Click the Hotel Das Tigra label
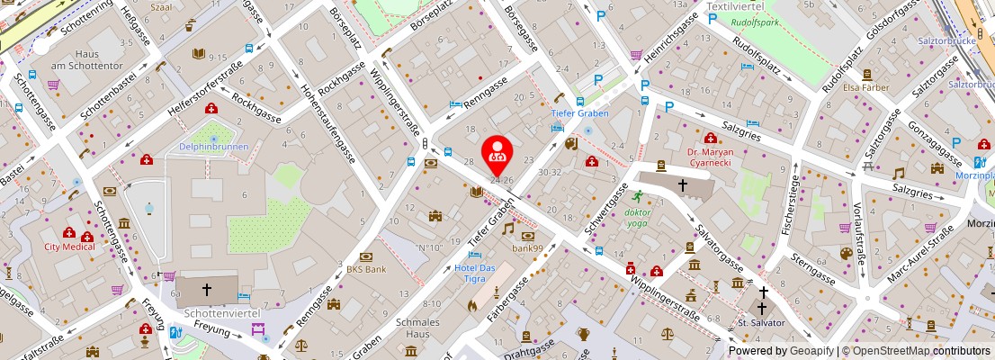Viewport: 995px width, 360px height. click(475, 274)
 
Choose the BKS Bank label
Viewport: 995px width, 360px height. click(366, 268)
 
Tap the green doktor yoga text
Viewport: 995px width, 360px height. click(637, 218)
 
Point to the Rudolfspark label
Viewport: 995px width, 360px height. click(754, 22)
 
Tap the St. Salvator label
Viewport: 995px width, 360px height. click(761, 321)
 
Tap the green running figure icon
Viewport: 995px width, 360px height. click(637, 196)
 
